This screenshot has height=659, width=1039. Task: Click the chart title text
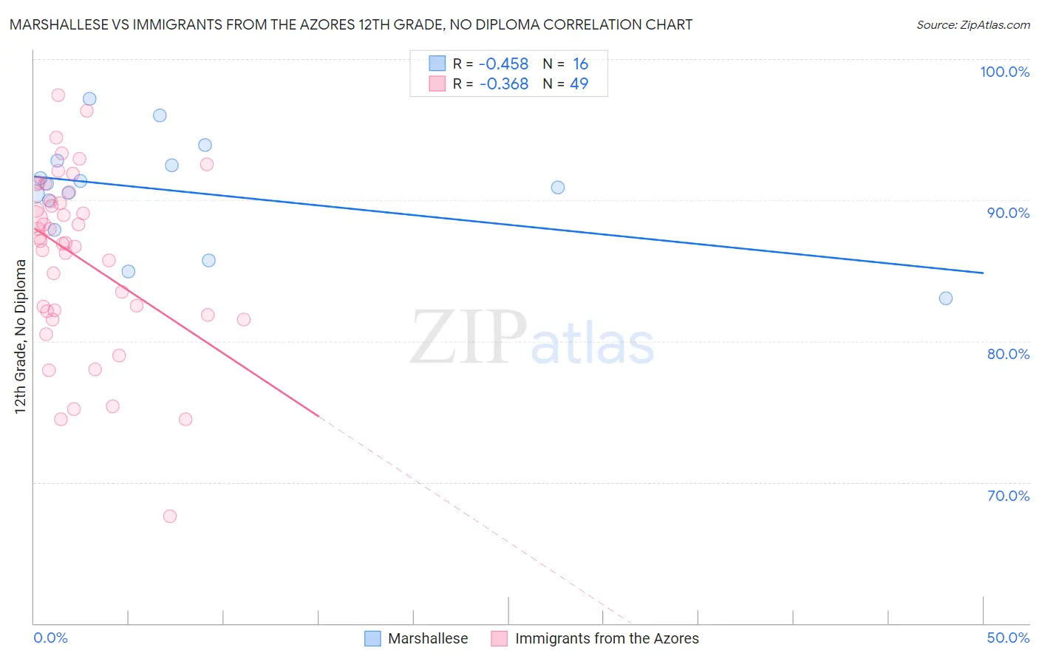tap(351, 24)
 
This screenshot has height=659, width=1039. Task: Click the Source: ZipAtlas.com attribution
tap(972, 24)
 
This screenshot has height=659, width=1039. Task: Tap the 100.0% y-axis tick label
tap(1004, 72)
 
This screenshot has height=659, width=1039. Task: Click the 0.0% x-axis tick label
tap(50, 638)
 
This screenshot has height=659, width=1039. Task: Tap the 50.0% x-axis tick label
tap(1008, 638)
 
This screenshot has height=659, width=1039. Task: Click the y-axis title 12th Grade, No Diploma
tap(20, 336)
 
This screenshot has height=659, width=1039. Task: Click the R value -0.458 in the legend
tap(503, 64)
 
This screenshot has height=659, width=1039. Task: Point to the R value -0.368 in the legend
tap(503, 84)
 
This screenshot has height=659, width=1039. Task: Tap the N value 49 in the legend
tap(579, 84)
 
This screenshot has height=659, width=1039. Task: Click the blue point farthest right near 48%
tap(945, 298)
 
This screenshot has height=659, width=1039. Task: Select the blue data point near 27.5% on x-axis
tap(557, 188)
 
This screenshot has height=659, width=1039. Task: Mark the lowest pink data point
tap(169, 516)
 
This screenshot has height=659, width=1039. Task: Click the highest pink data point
tap(58, 95)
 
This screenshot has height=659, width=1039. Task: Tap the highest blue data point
tap(89, 99)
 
